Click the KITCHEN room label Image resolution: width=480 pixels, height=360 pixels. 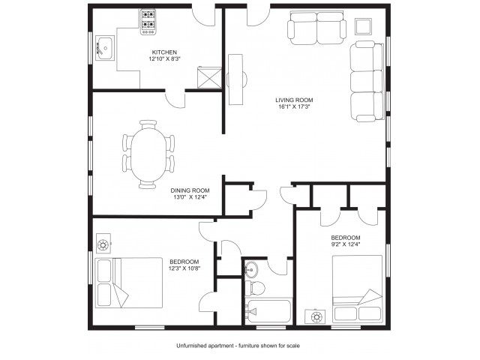click(164, 52)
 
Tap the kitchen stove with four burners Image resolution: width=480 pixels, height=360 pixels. click(148, 22)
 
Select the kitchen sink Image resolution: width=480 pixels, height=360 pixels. click(105, 48)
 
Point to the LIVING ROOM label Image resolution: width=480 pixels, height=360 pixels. click(294, 100)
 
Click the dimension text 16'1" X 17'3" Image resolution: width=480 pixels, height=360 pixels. click(294, 106)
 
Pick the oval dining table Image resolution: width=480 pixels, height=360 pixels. click(148, 154)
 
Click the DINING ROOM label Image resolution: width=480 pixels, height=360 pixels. click(190, 190)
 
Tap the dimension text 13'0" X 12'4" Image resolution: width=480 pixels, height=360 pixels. click(190, 197)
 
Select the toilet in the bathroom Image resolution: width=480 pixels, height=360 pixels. click(255, 288)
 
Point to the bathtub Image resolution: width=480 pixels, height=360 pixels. click(268, 311)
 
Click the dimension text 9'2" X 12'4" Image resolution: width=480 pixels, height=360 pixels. click(345, 244)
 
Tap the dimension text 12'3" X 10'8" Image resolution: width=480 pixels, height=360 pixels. click(184, 268)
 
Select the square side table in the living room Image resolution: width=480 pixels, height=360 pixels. click(363, 26)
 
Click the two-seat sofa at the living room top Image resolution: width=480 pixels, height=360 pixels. click(316, 28)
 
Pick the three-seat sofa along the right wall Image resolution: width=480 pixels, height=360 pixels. click(367, 81)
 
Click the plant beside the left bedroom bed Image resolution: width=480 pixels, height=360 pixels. click(103, 244)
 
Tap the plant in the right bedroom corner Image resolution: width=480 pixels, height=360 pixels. click(316, 316)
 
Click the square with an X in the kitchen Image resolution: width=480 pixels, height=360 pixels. click(209, 77)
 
